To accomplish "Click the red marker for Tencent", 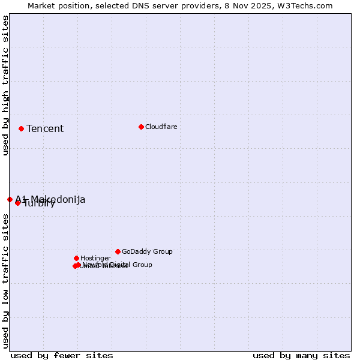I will click(x=21, y=128).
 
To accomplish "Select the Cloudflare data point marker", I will click(x=141, y=127).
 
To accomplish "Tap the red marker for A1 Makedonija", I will click(x=10, y=199).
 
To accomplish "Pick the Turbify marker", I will click(x=17, y=203).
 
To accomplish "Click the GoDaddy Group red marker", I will click(x=118, y=251).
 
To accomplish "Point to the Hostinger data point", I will click(x=76, y=258).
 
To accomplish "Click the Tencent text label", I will click(x=45, y=129).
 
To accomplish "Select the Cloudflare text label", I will click(x=161, y=127).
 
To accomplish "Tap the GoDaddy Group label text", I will click(x=147, y=251).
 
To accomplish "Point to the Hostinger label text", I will click(x=95, y=258).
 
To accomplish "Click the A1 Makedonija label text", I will click(x=50, y=199).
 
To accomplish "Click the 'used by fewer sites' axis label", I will click(x=62, y=355).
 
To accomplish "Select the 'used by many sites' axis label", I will click(x=301, y=355).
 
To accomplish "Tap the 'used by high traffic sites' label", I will click(x=6, y=85).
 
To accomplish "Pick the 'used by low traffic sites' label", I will click(x=6, y=281).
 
